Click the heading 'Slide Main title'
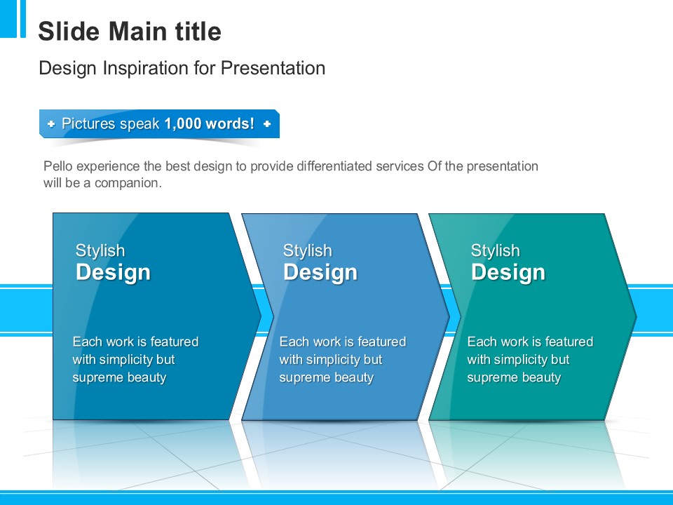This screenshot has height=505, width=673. point(130,32)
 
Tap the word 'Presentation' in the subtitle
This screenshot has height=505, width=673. point(273,68)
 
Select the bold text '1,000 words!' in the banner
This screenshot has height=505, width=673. point(210,123)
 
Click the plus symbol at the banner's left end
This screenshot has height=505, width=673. point(51,124)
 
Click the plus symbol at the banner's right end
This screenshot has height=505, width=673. point(267,124)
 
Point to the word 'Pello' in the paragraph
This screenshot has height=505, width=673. point(56,166)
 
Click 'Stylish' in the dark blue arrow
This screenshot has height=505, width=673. point(100,250)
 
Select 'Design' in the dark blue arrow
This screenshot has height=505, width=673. point(114,272)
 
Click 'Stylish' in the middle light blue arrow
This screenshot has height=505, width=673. point(308,250)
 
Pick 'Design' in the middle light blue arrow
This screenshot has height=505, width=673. point(320,272)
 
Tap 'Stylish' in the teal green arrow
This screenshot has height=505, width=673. point(496,250)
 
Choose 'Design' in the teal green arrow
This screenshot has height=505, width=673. point(509,272)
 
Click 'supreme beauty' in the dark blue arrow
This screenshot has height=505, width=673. point(119,377)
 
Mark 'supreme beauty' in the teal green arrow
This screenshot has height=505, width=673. point(514,377)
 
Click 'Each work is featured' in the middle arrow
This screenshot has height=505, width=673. point(343,342)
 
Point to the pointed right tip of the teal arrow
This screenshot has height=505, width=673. point(636,317)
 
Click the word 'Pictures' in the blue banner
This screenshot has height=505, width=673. point(88,123)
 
